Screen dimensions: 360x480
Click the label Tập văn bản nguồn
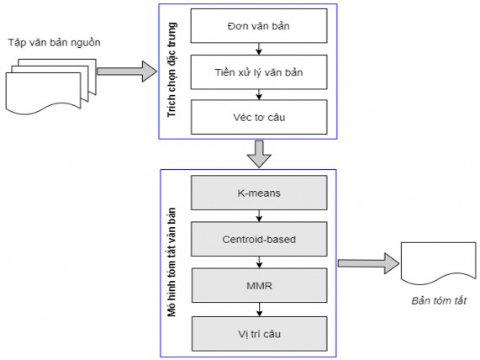coord(45,42)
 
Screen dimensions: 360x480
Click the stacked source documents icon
coord(46,79)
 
